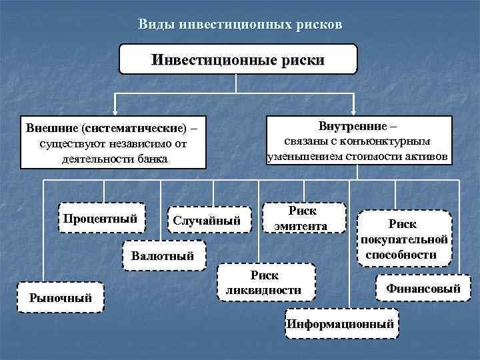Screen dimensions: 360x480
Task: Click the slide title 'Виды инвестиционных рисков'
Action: [240, 25]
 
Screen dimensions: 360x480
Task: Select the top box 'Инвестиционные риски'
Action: [238, 59]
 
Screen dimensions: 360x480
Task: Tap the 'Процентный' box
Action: [100, 219]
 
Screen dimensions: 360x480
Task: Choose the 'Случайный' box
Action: [207, 221]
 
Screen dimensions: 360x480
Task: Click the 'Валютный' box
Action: [163, 255]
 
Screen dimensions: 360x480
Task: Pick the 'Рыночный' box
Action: [60, 298]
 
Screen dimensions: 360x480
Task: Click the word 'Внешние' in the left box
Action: [48, 127]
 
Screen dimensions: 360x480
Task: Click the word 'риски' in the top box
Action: [303, 59]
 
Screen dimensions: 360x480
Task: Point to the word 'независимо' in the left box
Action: [127, 143]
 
